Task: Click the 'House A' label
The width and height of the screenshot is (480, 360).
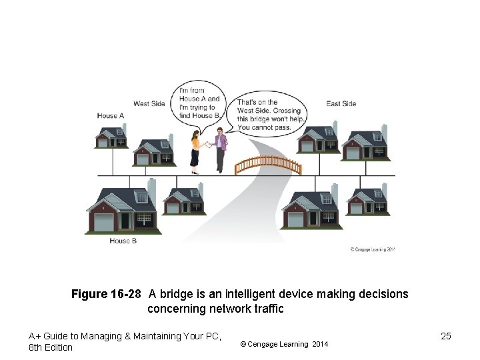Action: pyautogui.click(x=111, y=116)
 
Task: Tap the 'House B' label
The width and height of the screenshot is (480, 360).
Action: pyautogui.click(x=123, y=241)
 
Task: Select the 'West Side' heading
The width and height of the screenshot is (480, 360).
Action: pyautogui.click(x=149, y=103)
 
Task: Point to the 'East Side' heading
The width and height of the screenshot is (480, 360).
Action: pyautogui.click(x=341, y=103)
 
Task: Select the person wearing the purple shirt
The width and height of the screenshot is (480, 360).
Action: pyautogui.click(x=221, y=150)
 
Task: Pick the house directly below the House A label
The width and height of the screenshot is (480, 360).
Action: pyautogui.click(x=111, y=136)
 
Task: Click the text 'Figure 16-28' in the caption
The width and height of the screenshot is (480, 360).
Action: pyautogui.click(x=107, y=294)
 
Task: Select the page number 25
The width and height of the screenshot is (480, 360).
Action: pyautogui.click(x=446, y=336)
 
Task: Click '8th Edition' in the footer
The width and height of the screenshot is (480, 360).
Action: pyautogui.click(x=51, y=347)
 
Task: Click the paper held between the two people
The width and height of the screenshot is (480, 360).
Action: pyautogui.click(x=209, y=144)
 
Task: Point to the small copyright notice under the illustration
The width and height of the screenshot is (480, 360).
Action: pyautogui.click(x=373, y=250)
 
